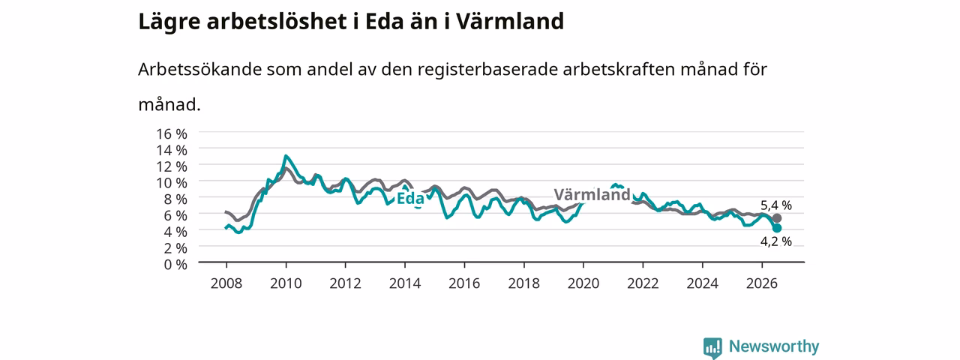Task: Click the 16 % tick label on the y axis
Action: (172, 134)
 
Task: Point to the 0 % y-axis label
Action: (175, 265)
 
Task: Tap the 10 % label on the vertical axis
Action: (172, 183)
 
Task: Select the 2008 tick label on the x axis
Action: (226, 283)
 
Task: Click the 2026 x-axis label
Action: (762, 283)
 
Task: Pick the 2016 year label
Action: (464, 283)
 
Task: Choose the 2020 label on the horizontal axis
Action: (583, 283)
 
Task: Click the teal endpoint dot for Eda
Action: (776, 228)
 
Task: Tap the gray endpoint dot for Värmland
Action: (776, 218)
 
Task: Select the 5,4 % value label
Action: (776, 205)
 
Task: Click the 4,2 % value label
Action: (776, 241)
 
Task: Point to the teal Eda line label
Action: (410, 199)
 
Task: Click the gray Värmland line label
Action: (592, 194)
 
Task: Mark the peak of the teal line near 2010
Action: (286, 156)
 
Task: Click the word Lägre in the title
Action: (169, 22)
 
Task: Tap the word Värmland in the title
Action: (510, 22)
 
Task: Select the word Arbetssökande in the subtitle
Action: (199, 69)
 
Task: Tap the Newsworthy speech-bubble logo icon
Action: (712, 347)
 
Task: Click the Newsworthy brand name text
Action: (774, 346)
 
